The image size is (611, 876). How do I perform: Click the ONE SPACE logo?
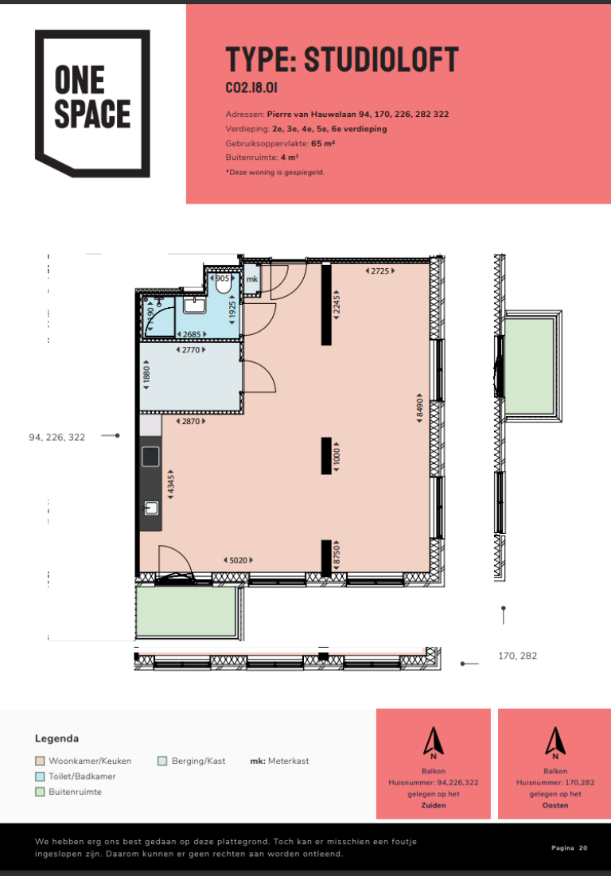pyautogui.click(x=93, y=103)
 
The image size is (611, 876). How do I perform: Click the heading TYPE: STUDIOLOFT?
pyautogui.click(x=342, y=60)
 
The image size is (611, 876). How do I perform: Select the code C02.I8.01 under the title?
pyautogui.click(x=251, y=88)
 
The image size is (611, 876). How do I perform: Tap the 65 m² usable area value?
pyautogui.click(x=323, y=143)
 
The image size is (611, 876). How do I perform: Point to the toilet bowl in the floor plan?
pyautogui.click(x=224, y=284)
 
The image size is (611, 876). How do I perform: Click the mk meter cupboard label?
pyautogui.click(x=252, y=278)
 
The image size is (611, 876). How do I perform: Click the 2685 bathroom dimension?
pyautogui.click(x=192, y=334)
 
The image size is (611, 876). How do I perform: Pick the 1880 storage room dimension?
pyautogui.click(x=147, y=374)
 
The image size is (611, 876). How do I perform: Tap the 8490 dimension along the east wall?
pyautogui.click(x=419, y=408)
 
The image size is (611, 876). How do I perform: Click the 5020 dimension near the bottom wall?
pyautogui.click(x=239, y=560)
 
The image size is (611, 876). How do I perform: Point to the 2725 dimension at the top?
pyautogui.click(x=379, y=271)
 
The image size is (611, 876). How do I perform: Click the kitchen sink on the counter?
pyautogui.click(x=151, y=508)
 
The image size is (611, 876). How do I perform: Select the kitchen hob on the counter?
pyautogui.click(x=150, y=457)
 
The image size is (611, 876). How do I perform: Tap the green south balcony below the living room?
pyautogui.click(x=186, y=610)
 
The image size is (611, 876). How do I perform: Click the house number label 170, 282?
pyautogui.click(x=518, y=656)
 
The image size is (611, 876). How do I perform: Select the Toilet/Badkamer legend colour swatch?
pyautogui.click(x=40, y=776)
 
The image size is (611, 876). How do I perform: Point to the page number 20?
pyautogui.click(x=583, y=847)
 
